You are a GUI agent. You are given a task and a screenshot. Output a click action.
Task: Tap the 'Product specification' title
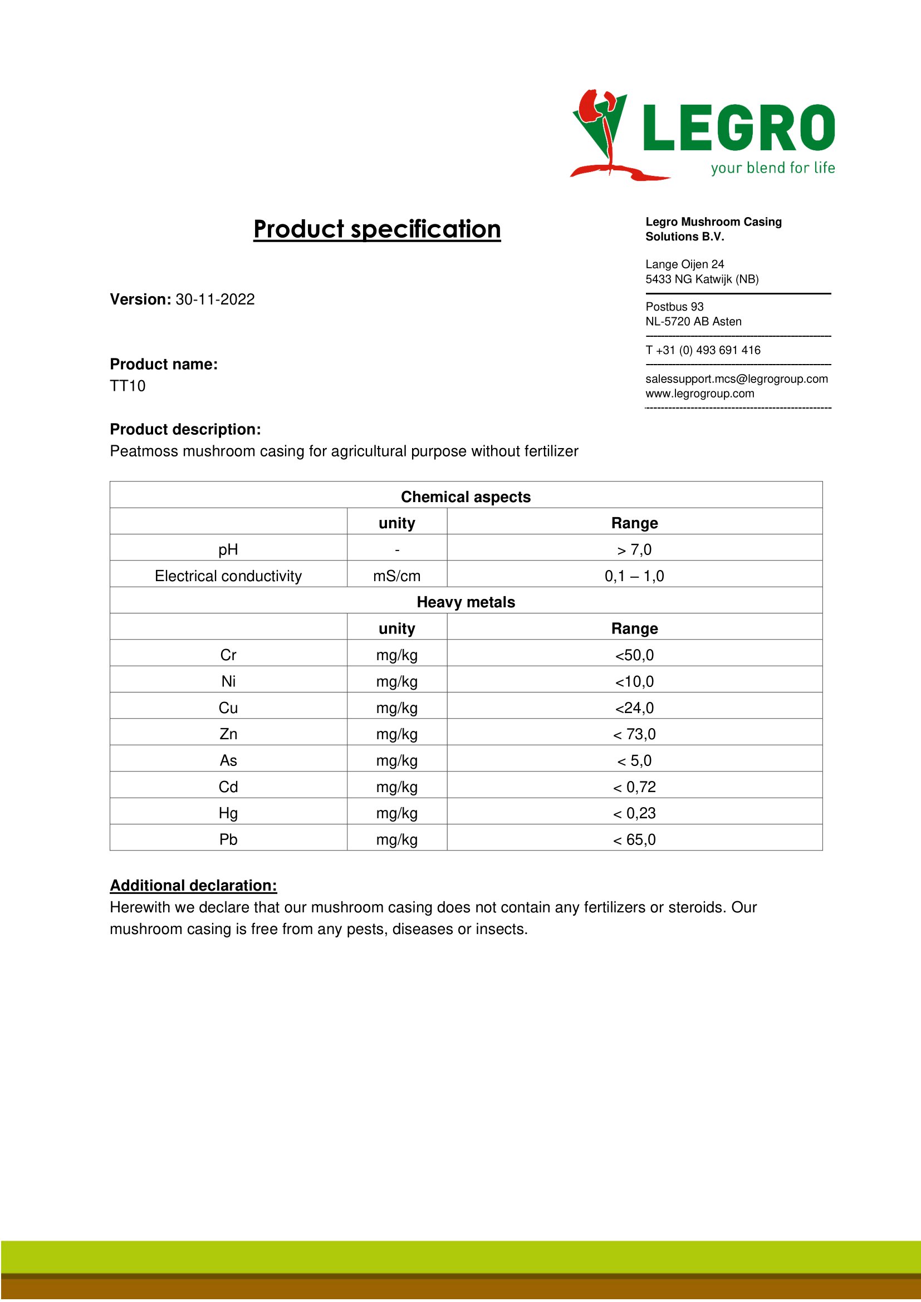[x=376, y=229]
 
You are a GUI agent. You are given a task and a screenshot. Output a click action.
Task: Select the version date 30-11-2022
[x=215, y=299]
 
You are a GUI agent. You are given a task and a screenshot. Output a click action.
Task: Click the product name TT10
[x=128, y=386]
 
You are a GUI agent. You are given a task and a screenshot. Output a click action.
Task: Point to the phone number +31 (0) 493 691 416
[x=708, y=350]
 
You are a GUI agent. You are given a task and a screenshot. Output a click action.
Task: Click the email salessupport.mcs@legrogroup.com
[x=736, y=379]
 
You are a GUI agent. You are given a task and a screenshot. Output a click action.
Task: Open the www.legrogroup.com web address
[x=699, y=394]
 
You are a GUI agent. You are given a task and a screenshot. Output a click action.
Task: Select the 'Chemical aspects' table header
[x=466, y=497]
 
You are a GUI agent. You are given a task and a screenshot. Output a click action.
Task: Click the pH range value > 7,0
[x=634, y=549]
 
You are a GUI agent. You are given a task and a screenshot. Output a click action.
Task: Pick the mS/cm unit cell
[x=396, y=576]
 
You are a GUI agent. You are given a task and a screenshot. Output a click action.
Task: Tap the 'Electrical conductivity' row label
[x=228, y=576]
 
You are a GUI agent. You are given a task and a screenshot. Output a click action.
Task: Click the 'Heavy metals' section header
[x=466, y=602]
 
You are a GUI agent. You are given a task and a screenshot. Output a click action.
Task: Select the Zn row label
[x=228, y=734]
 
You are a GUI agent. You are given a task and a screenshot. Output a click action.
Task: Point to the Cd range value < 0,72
[x=634, y=787]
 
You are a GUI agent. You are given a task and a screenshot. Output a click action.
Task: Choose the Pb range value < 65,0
[x=634, y=840]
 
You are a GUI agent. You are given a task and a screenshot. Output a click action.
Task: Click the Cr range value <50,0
[x=634, y=655]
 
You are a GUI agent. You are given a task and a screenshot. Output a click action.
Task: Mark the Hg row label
[x=228, y=813]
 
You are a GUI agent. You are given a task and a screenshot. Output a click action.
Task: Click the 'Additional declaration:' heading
[x=193, y=886]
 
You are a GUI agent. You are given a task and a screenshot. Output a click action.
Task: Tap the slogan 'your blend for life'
[x=772, y=168]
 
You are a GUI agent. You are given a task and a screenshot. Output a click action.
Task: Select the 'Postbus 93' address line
[x=674, y=307]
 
